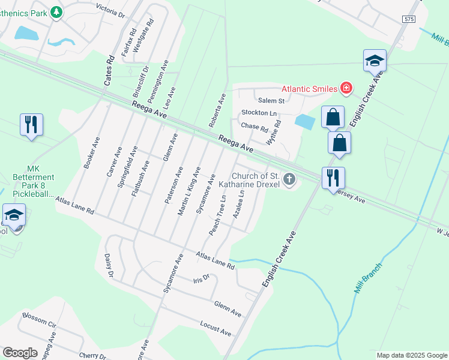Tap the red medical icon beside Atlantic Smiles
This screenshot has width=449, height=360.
(346, 89)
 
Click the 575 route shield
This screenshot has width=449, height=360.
(409, 20)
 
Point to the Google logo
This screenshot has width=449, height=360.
(20, 353)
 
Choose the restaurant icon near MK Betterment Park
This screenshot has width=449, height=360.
(31, 125)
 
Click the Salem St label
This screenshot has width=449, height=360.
(271, 101)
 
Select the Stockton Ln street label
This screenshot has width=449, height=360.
(259, 113)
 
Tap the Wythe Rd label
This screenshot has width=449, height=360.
(274, 133)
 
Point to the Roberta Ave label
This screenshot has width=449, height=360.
(216, 110)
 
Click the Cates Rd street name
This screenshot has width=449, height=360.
(109, 70)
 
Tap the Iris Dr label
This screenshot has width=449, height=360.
(200, 279)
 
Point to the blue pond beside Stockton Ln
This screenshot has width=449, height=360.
(305, 122)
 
